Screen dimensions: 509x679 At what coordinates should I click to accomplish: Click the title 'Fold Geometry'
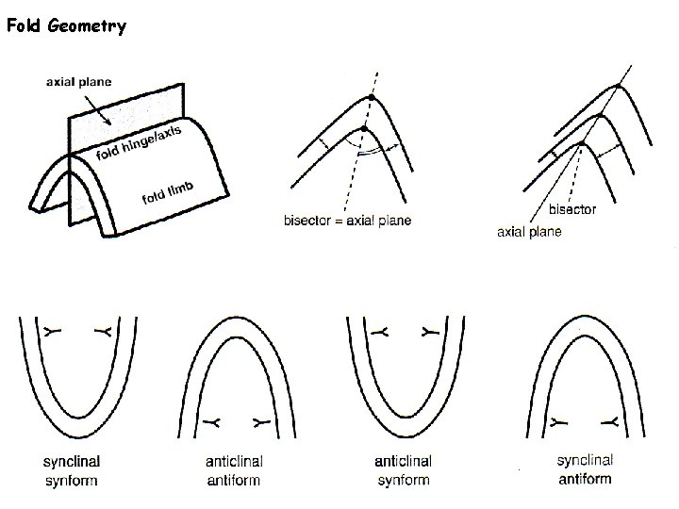(65, 26)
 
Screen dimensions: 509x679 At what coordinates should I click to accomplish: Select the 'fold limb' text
(168, 192)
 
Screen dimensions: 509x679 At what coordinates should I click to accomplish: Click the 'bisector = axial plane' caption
(347, 221)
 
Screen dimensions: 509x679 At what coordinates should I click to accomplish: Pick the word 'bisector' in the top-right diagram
(571, 209)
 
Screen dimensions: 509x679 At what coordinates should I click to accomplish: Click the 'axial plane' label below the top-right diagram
(529, 232)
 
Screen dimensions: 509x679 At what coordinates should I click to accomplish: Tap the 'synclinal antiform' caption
(584, 469)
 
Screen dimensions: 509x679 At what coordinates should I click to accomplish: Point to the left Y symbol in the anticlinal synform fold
(380, 332)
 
